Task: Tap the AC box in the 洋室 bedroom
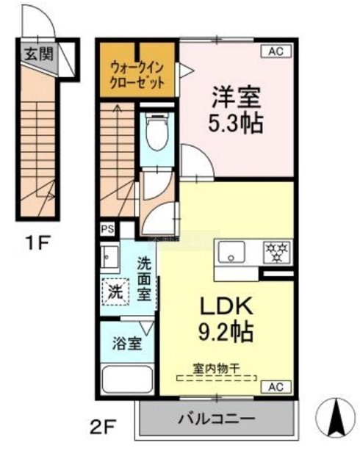[x=276, y=51]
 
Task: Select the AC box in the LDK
[x=276, y=387]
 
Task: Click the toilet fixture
[x=156, y=132]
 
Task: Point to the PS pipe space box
[x=107, y=229]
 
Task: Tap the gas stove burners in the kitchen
[x=276, y=253]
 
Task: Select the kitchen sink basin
[x=231, y=252]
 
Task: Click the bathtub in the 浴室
[x=127, y=380]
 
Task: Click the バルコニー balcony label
[x=217, y=419]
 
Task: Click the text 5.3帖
[x=236, y=123]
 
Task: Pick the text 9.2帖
[x=226, y=333]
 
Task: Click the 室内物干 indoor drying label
[x=216, y=369]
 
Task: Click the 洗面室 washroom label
[x=144, y=279]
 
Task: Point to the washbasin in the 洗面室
[x=109, y=256]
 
